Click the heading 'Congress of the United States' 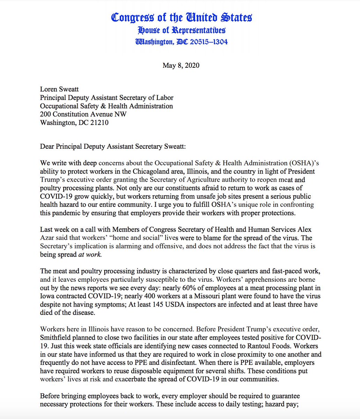[x=182, y=17]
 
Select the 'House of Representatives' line [x=182, y=30]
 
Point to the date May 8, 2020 [x=181, y=65]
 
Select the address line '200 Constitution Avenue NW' [x=83, y=114]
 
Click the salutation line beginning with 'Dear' [x=113, y=146]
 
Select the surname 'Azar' [x=47, y=238]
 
